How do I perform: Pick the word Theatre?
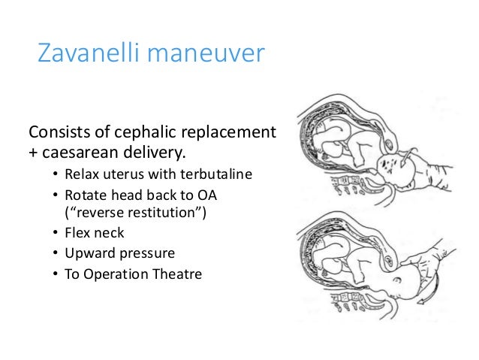[x=176, y=274]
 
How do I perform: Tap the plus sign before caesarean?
[x=34, y=156]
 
